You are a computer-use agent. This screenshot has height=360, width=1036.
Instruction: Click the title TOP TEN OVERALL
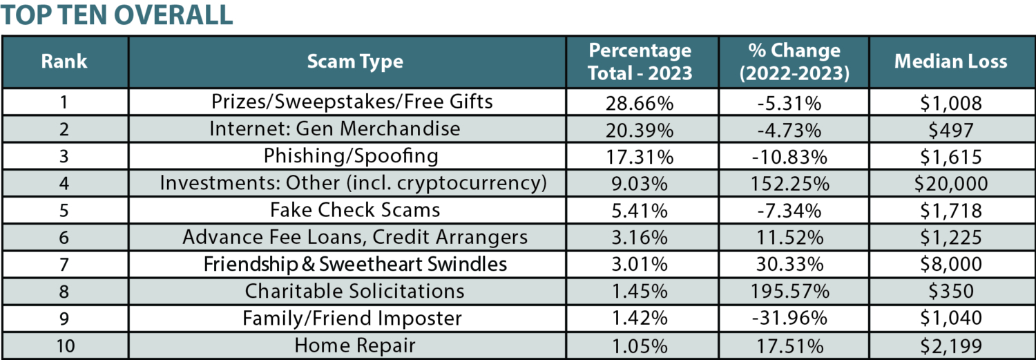(x=117, y=15)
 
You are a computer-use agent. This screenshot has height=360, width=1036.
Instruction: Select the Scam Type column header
(x=355, y=61)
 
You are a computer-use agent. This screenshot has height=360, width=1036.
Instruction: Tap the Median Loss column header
(x=950, y=61)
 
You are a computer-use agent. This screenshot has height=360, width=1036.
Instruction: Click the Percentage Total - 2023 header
(x=640, y=61)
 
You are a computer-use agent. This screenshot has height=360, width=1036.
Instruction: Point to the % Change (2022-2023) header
(x=794, y=61)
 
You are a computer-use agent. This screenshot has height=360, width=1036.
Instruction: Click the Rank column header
(x=64, y=61)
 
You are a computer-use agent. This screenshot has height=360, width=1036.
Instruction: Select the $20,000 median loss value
(x=950, y=183)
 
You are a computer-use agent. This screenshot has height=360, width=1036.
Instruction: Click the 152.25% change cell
(x=794, y=183)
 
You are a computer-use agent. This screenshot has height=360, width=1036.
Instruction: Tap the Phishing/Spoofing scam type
(x=351, y=156)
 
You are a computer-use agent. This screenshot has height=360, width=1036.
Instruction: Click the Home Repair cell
(x=355, y=345)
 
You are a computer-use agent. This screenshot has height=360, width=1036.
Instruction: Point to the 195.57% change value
(x=794, y=291)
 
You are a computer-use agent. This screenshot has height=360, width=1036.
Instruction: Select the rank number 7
(x=64, y=264)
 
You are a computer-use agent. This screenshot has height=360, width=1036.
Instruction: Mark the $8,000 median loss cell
(x=950, y=264)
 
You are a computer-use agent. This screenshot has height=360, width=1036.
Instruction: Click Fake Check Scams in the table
(x=355, y=210)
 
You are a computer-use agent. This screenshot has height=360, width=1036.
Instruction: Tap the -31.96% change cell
(x=794, y=318)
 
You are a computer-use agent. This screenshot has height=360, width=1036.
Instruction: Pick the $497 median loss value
(x=950, y=129)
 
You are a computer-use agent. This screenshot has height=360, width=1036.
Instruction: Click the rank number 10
(x=64, y=345)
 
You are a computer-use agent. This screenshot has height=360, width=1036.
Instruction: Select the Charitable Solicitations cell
(x=355, y=291)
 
